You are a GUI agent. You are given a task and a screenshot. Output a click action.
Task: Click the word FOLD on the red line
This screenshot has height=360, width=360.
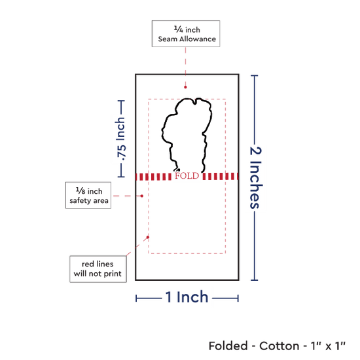point(187,176)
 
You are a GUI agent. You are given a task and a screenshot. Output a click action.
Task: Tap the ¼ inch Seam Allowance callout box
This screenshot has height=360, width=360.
point(186,33)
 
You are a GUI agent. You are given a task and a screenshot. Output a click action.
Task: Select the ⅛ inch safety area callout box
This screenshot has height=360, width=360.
point(88,195)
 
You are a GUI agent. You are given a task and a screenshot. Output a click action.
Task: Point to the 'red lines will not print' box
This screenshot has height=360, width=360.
point(98,269)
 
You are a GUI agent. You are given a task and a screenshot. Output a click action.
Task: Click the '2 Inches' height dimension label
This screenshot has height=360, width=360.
point(255,177)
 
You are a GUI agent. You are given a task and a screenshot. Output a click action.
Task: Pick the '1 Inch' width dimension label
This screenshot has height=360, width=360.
point(187,297)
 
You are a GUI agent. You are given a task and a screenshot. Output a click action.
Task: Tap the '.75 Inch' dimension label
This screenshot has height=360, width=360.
point(120,139)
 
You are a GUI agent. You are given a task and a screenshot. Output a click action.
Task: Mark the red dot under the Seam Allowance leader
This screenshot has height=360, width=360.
point(185,87)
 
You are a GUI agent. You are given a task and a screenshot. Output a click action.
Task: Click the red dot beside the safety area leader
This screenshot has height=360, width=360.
point(142,196)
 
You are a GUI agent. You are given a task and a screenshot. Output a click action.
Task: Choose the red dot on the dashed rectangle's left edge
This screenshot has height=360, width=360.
point(148,237)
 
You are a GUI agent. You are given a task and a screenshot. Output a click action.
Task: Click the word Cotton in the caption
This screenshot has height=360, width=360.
point(279,346)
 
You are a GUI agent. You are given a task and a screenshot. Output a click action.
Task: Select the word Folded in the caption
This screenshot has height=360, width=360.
point(228,346)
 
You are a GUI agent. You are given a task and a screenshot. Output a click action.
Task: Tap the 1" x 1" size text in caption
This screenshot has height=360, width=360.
point(328,346)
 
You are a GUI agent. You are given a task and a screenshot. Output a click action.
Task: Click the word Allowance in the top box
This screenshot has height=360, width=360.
point(198,39)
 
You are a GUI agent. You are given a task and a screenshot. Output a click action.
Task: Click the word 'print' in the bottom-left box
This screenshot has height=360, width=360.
point(113,274)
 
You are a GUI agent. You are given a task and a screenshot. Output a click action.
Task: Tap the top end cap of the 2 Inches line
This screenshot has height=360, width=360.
point(254,75)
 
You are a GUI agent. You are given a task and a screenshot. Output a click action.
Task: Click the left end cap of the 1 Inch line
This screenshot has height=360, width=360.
point(136,298)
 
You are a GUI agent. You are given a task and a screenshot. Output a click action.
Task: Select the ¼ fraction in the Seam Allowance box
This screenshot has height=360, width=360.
point(179,29)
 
